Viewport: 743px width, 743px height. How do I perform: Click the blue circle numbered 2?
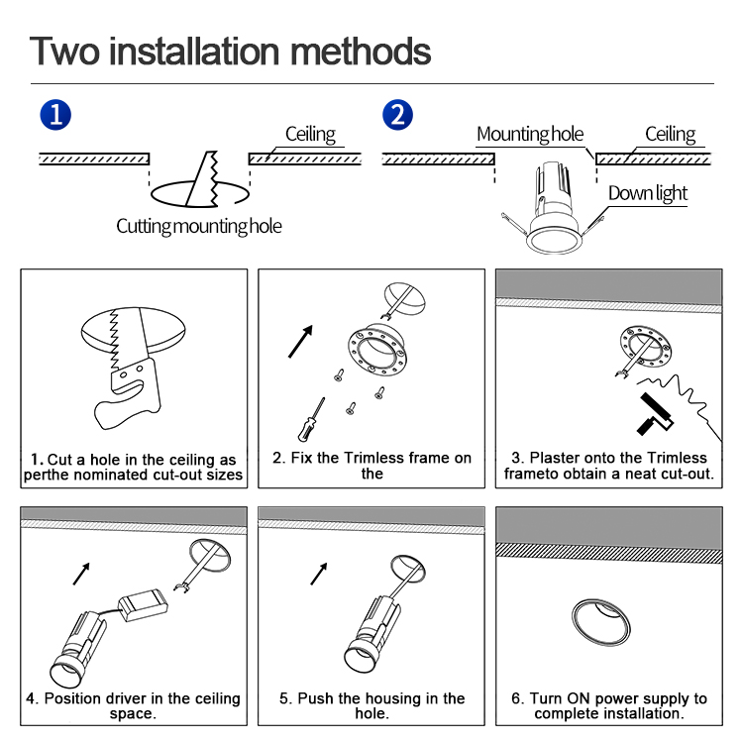pos(397,114)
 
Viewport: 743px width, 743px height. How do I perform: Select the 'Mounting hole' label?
pos(530,135)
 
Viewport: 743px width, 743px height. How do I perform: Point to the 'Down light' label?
pos(648,193)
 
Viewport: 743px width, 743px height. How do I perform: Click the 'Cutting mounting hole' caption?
pos(199,226)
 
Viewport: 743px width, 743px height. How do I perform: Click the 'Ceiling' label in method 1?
pos(310,134)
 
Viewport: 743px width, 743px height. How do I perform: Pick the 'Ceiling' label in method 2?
pos(671,134)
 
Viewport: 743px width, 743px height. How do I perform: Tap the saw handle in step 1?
pos(123,392)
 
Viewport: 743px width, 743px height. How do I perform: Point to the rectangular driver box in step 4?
pos(142,604)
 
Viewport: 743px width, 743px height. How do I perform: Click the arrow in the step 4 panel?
pos(81,573)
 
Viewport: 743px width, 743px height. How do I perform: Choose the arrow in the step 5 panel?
pos(319,573)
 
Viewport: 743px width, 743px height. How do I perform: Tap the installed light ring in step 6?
pos(600,622)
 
